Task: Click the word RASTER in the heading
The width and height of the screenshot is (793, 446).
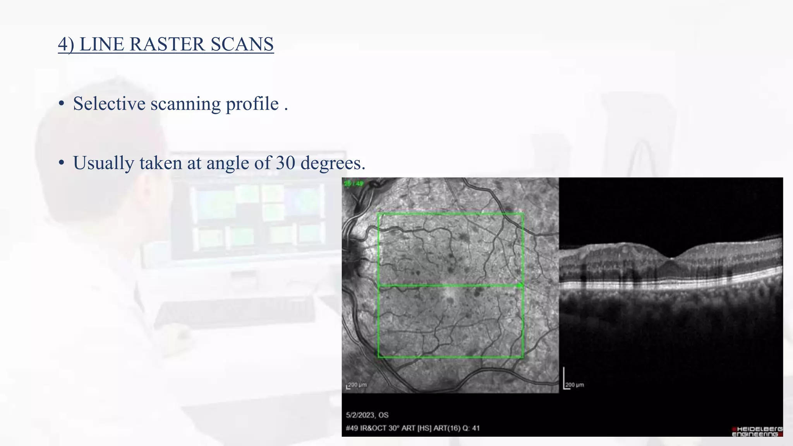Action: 167,44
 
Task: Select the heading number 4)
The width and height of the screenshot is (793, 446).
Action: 66,44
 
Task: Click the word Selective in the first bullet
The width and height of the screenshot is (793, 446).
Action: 109,104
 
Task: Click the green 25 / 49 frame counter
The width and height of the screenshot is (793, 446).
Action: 354,184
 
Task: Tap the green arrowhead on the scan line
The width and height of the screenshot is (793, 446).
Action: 520,286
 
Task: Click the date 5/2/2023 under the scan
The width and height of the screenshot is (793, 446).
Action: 360,415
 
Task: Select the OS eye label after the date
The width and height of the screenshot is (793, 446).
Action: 383,415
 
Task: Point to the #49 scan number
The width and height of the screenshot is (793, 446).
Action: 352,428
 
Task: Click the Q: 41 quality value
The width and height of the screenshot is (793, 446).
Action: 470,428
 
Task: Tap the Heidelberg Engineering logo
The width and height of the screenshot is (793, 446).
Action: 757,431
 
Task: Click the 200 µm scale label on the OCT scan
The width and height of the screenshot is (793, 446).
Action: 575,385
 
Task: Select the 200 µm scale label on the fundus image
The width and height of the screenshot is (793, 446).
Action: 357,385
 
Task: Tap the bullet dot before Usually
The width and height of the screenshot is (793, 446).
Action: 61,163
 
